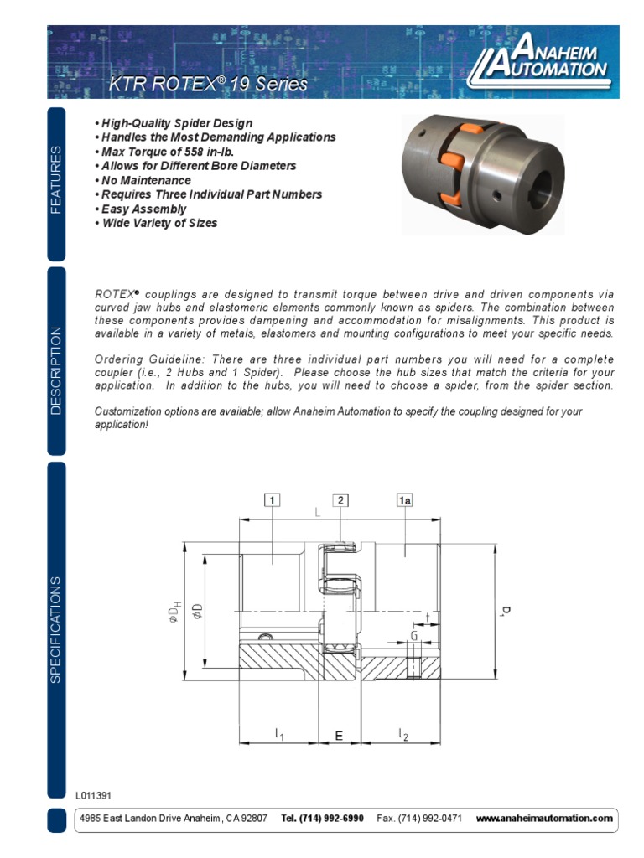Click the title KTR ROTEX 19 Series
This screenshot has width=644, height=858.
pos(209,84)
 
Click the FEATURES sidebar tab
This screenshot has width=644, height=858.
pos(56,180)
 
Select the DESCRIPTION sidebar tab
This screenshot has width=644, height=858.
pos(56,370)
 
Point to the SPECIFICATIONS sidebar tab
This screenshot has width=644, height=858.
pos(56,628)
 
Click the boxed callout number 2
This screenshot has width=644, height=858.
pos(340,500)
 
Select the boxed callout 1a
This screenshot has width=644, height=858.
pos(405,500)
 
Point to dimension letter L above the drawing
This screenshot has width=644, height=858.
pos(318,512)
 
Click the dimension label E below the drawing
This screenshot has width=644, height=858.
pos(339,736)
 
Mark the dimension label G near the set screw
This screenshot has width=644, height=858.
pos(414,637)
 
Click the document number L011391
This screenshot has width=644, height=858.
pos(93,795)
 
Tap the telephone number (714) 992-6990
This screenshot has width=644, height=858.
pos(323,819)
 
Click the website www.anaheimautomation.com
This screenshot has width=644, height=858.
pos(544,819)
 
